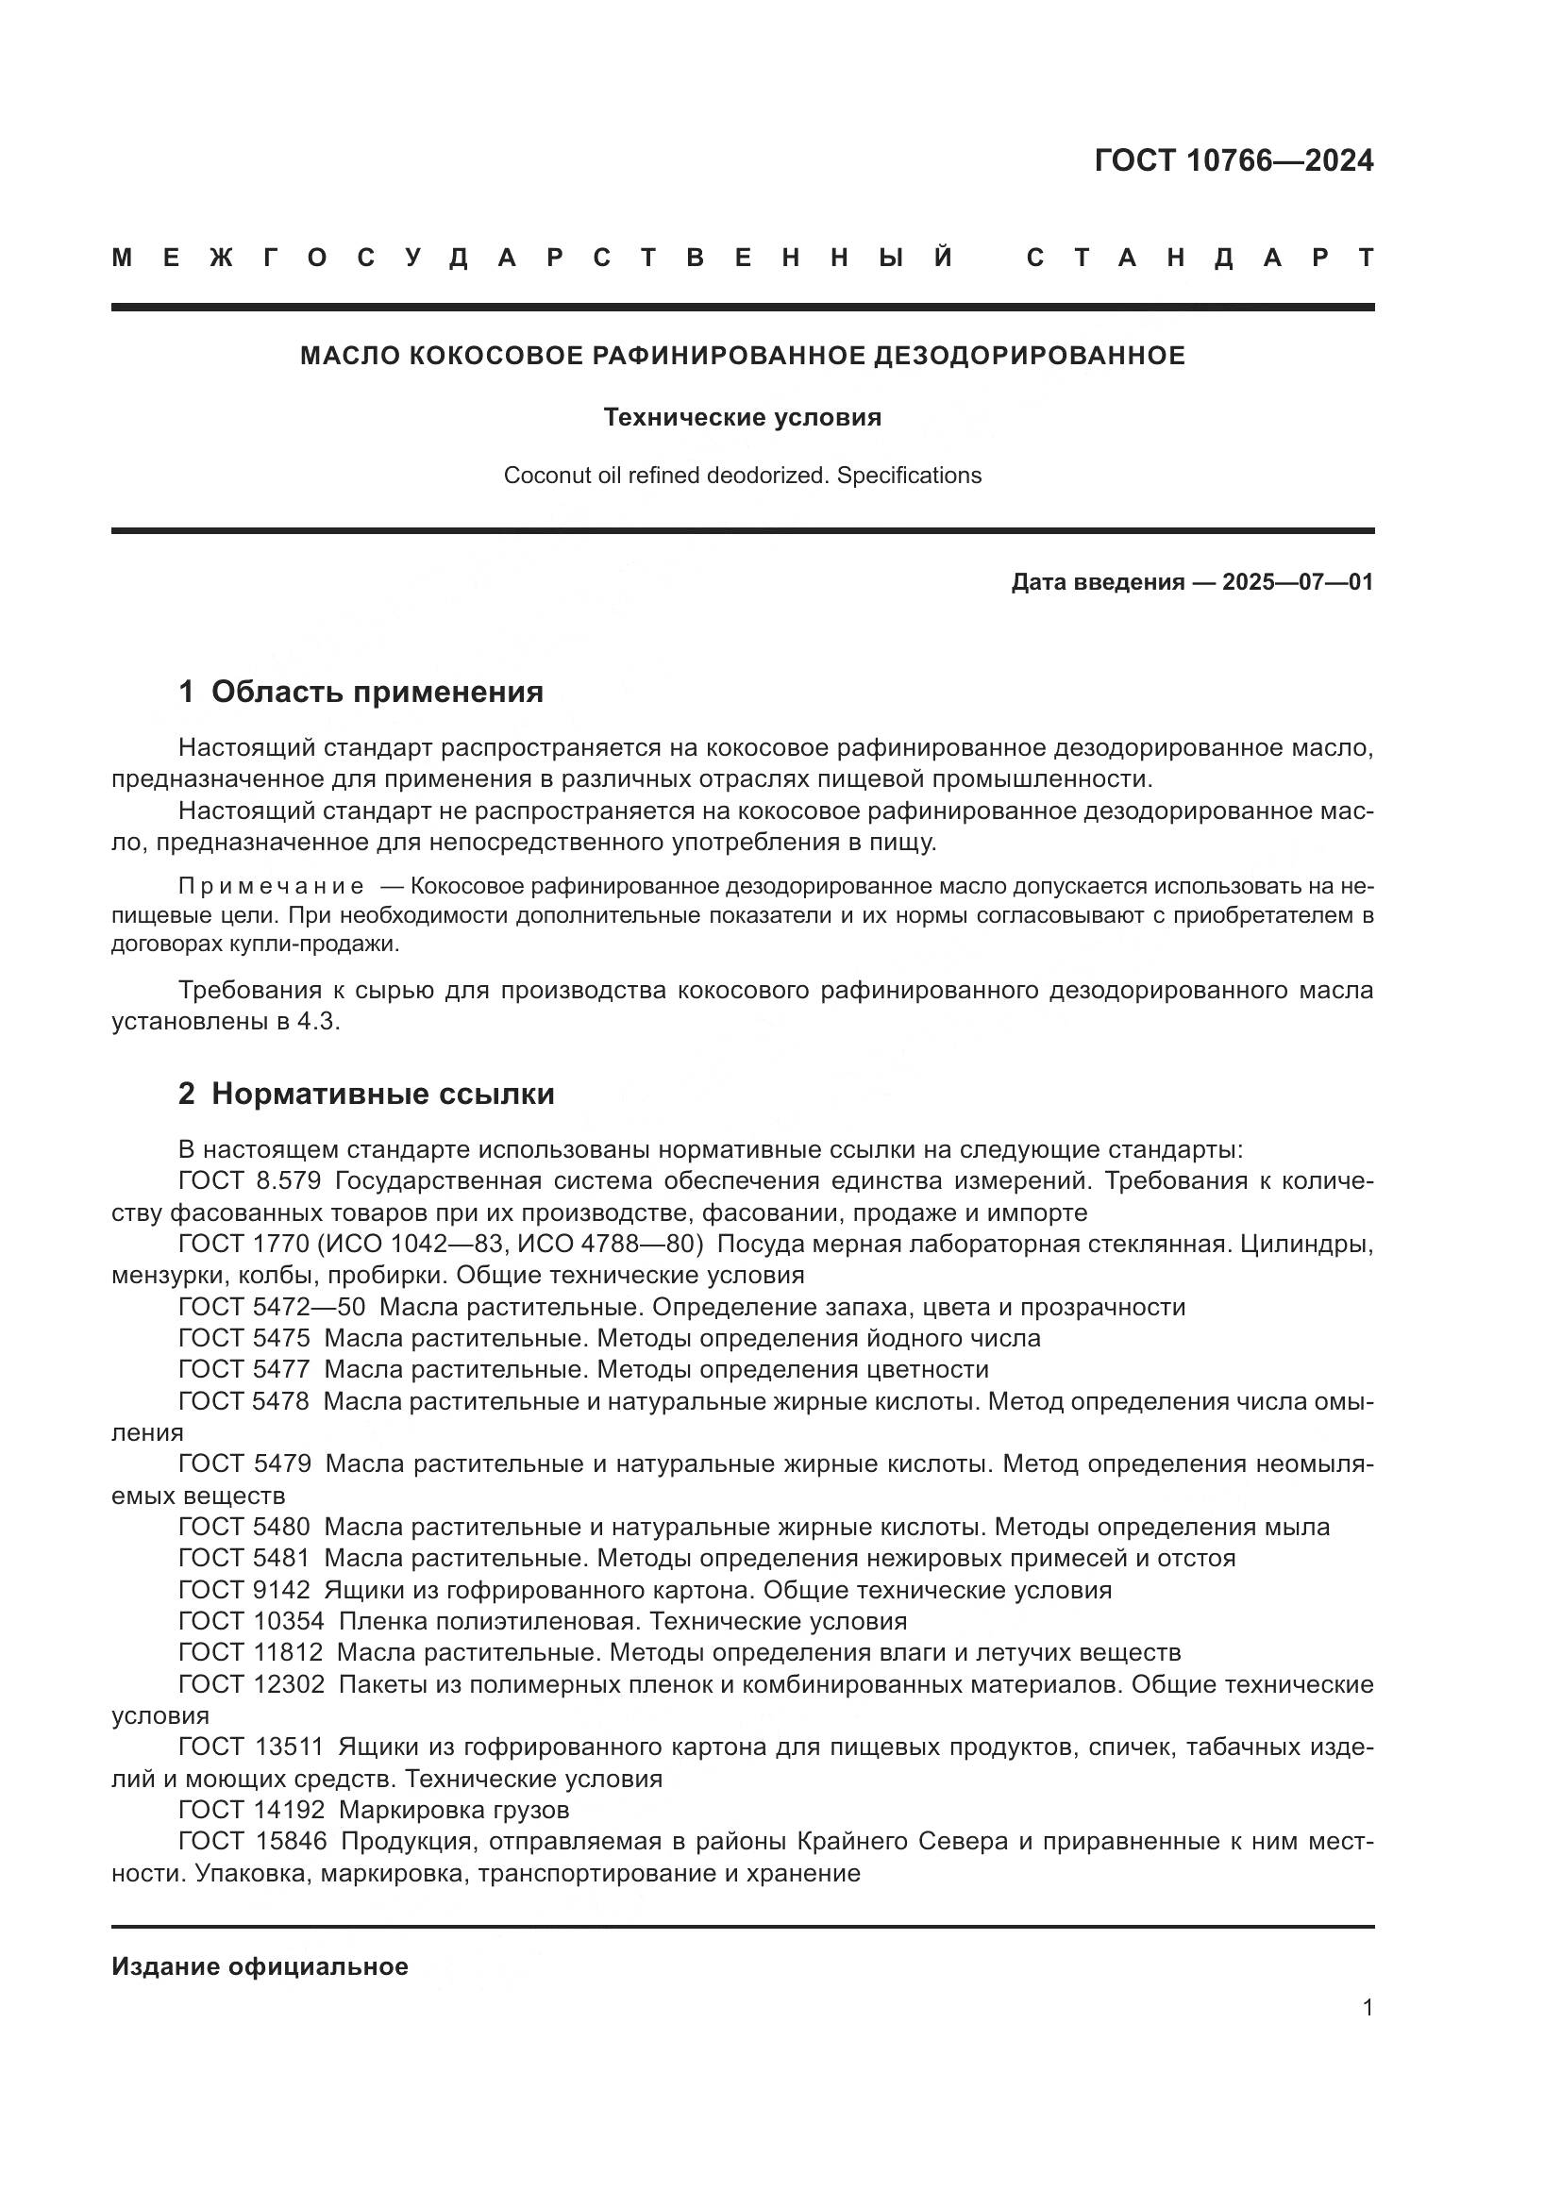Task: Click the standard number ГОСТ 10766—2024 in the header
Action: [1234, 160]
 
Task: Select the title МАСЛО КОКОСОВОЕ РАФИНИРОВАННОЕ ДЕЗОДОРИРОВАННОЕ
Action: [742, 356]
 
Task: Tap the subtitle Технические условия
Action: [742, 417]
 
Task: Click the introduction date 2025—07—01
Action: [1297, 581]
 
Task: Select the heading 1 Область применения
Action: [361, 691]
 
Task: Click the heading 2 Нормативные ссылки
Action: [366, 1093]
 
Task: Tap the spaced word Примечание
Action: [271, 885]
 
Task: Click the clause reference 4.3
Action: [317, 1022]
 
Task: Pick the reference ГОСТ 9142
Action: [244, 1590]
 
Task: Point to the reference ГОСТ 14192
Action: [252, 1810]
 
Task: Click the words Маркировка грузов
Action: [454, 1810]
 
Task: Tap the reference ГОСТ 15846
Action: [252, 1842]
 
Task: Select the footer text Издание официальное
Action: [260, 1966]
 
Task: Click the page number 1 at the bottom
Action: [1367, 2007]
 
